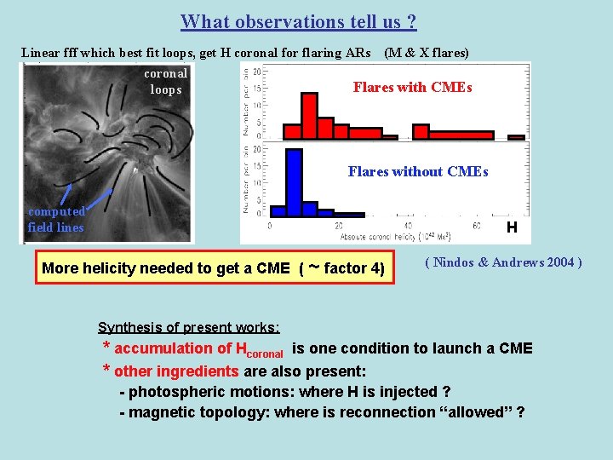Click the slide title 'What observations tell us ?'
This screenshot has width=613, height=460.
pyautogui.click(x=299, y=21)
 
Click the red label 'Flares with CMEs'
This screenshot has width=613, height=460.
pyautogui.click(x=412, y=88)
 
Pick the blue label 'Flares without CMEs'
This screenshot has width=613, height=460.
pyautogui.click(x=418, y=171)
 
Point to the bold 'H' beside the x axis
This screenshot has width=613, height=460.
pyautogui.click(x=511, y=227)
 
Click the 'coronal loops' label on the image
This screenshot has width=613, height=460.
pyautogui.click(x=166, y=82)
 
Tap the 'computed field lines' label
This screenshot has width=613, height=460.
pyautogui.click(x=56, y=220)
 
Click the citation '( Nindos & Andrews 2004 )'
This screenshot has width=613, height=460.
pyautogui.click(x=503, y=262)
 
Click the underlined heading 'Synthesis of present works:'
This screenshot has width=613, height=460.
pyautogui.click(x=189, y=327)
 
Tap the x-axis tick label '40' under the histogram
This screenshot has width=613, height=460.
pyautogui.click(x=408, y=226)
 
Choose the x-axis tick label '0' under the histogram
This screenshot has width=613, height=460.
pyautogui.click(x=270, y=226)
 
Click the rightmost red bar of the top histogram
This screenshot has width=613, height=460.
pyautogui.click(x=516, y=136)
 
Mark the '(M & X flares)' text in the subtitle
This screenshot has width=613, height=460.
pyautogui.click(x=427, y=53)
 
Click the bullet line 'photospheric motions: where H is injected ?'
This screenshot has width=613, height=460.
pyautogui.click(x=285, y=392)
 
